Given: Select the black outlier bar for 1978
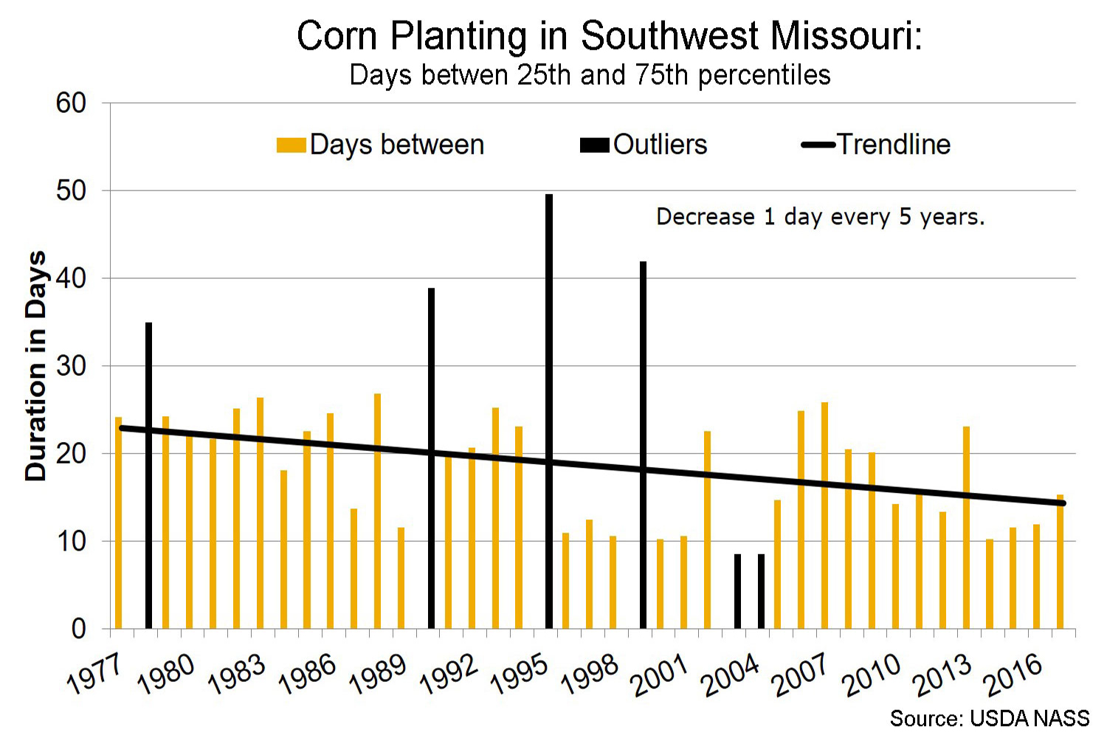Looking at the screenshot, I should point(148,475).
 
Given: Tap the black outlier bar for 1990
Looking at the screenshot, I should point(431,458).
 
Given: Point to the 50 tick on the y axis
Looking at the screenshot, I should point(72,191).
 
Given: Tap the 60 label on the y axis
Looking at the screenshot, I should point(72,103).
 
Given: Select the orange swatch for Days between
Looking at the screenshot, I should point(291,145).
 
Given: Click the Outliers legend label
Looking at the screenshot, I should point(660,145).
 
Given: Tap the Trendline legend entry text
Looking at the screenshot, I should point(894,145).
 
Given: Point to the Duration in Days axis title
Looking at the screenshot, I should point(36,366).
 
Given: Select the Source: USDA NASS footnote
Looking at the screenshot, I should point(989,718).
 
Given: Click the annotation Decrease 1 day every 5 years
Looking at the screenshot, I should point(820,217).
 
